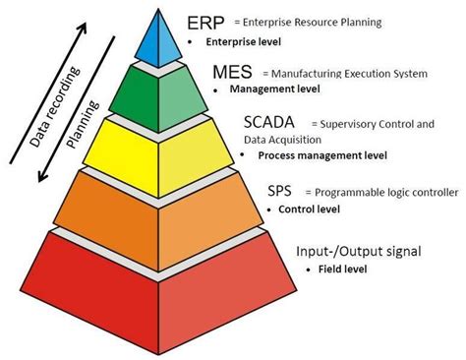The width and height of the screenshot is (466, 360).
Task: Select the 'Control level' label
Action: [x=310, y=210]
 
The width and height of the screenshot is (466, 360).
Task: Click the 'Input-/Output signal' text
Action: [x=358, y=252]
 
